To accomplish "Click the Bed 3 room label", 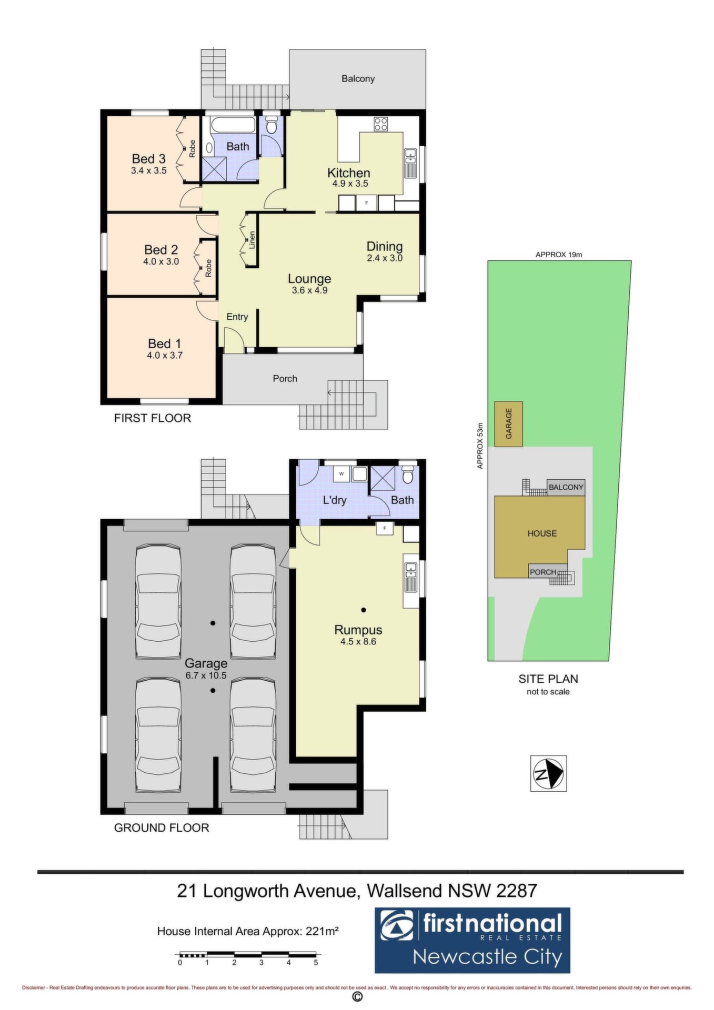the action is (x=149, y=158).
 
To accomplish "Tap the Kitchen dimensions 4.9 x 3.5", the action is (x=350, y=184).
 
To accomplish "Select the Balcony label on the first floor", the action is (x=358, y=78).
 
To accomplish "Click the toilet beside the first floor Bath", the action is (x=271, y=125).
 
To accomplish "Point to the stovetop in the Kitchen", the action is (x=381, y=125).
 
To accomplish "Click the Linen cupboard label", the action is (x=253, y=240).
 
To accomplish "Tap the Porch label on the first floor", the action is (x=285, y=378).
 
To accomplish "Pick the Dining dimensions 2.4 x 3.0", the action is (x=385, y=258).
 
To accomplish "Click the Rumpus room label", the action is (x=358, y=630).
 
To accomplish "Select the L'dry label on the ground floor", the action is (x=335, y=500).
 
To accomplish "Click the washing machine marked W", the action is (x=341, y=474).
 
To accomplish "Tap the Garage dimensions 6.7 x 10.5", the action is (x=206, y=675).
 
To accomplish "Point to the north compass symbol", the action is (x=548, y=773).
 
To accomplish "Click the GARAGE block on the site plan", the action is (x=508, y=424).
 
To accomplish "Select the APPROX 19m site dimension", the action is (x=559, y=255).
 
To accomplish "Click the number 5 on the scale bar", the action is (x=316, y=963).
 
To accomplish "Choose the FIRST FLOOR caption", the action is (x=153, y=418).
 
